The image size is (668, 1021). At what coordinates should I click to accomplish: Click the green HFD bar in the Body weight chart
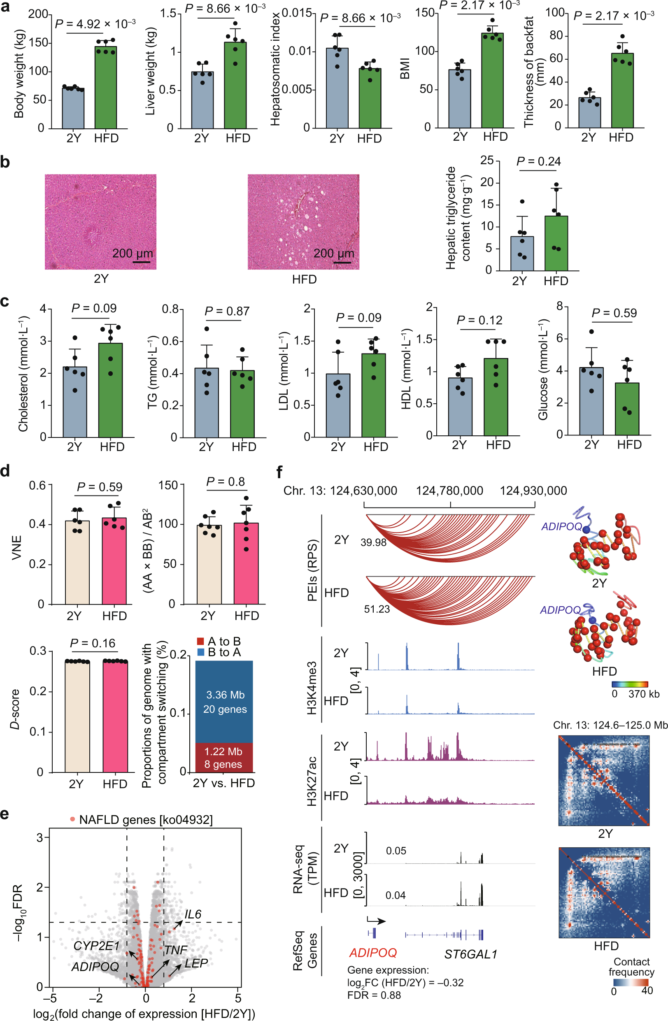tap(105, 88)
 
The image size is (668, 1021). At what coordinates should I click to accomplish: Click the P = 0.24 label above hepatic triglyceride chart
tap(538, 161)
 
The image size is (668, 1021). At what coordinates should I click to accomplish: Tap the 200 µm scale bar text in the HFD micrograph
tap(334, 253)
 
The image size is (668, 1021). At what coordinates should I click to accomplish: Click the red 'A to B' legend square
tap(200, 641)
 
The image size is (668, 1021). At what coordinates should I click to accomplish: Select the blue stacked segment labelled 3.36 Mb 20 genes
tap(224, 701)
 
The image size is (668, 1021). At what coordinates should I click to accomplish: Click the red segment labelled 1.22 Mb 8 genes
tap(224, 758)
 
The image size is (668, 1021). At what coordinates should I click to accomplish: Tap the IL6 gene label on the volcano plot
tap(193, 914)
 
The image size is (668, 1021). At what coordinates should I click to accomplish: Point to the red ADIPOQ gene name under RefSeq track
tap(373, 953)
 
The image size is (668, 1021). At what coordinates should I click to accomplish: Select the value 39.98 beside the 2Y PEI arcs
tap(373, 543)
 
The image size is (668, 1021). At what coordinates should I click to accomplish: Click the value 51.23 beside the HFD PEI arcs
tap(377, 609)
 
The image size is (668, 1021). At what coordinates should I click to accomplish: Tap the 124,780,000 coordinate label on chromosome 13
tap(449, 491)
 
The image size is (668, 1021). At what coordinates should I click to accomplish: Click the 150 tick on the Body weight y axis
tap(38, 43)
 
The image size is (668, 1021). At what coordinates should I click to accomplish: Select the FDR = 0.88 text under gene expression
tap(374, 995)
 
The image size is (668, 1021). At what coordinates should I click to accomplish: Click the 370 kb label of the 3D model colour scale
tap(644, 694)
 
